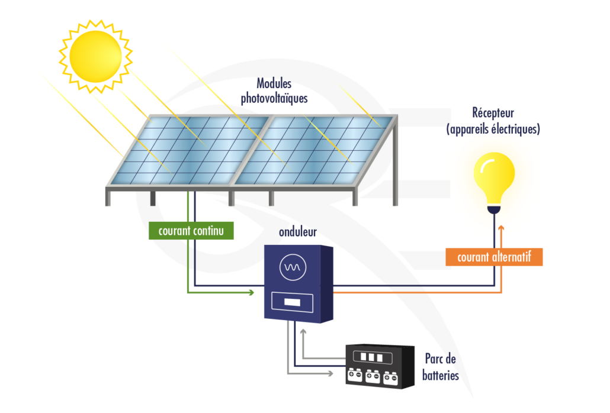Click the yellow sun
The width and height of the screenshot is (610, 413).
95,56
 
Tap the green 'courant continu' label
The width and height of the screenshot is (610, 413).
191,231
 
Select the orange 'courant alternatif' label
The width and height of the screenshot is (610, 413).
494,257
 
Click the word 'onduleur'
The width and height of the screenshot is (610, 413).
298,231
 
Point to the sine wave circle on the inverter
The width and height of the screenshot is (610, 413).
293,268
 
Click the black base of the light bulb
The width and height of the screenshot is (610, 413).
494,209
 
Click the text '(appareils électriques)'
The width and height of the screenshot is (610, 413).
493,128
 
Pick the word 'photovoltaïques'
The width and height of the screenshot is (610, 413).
274,98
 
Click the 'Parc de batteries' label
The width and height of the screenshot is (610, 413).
441,367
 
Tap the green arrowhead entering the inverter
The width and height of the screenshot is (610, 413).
251,292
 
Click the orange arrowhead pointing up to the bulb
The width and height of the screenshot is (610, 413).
502,228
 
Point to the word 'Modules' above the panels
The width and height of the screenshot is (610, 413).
274,84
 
